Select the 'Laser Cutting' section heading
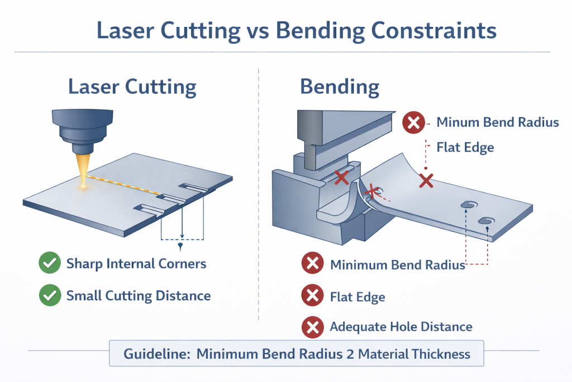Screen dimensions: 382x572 click(x=132, y=87)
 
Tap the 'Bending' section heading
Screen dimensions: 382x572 click(x=340, y=87)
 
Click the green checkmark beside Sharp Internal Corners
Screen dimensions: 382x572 click(x=50, y=263)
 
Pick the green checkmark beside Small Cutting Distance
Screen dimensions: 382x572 click(x=50, y=295)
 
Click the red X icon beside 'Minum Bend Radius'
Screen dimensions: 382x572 click(x=413, y=122)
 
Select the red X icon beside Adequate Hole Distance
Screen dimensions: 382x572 click(x=312, y=327)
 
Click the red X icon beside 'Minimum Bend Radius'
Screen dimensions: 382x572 click(x=312, y=265)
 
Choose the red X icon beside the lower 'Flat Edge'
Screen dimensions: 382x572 click(x=312, y=296)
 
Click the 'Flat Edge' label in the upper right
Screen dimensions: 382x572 click(x=465, y=148)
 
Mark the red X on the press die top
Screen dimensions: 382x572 click(x=341, y=178)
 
